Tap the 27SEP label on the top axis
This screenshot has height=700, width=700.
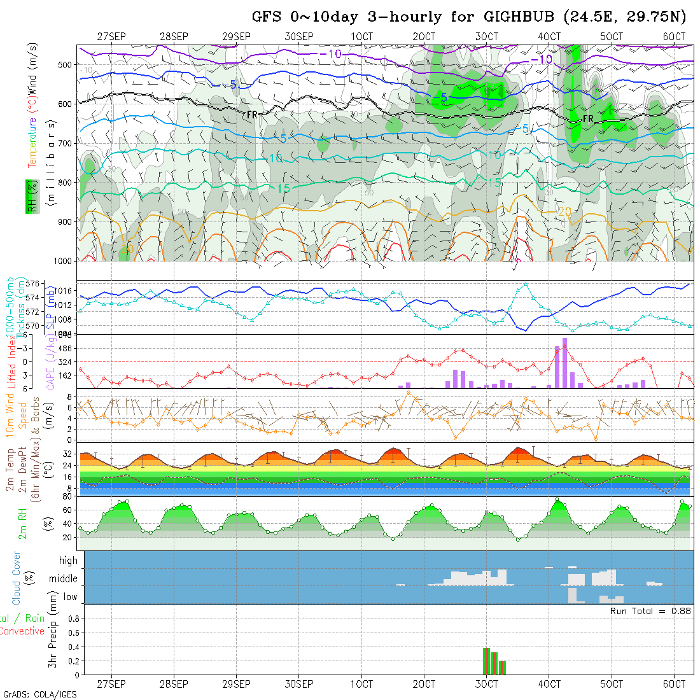tap(111, 36)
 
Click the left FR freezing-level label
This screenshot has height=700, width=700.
tap(252, 115)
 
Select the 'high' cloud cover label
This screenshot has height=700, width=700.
tap(68, 561)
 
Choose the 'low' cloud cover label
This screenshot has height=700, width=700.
tap(70, 597)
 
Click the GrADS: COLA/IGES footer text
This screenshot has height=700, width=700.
tap(39, 694)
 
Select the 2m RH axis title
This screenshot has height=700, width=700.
tap(23, 523)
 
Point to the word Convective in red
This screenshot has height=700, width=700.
tap(22, 631)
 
